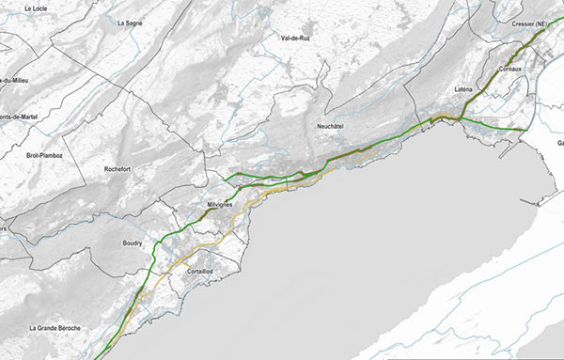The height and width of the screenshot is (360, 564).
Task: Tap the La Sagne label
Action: click(x=130, y=22)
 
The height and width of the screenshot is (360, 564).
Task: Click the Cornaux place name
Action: click(x=510, y=68)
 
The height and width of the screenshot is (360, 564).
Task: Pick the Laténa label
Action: click(x=463, y=89)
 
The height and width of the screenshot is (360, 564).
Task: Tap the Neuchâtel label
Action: click(x=334, y=125)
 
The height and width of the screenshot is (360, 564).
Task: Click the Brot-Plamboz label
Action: click(x=44, y=153)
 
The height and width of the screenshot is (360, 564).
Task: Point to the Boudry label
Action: click(x=133, y=243)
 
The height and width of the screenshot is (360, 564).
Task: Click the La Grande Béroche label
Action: click(x=59, y=328)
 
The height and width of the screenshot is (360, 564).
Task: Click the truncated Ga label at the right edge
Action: click(x=559, y=144)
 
